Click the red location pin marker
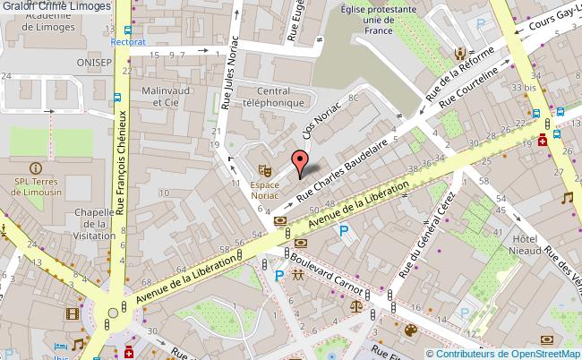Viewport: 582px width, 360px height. coord(301,160)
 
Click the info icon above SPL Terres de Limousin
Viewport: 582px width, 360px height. coord(35,167)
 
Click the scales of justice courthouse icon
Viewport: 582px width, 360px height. coord(363,304)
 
